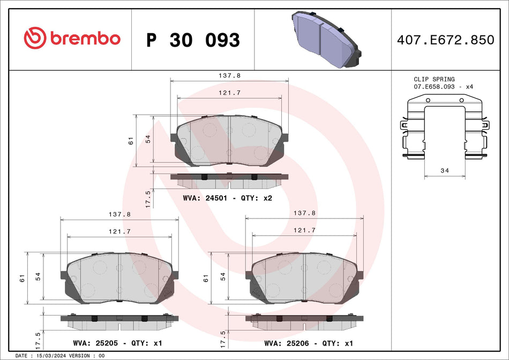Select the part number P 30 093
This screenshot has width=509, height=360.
coord(193,40)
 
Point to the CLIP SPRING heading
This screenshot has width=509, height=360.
coord(434,79)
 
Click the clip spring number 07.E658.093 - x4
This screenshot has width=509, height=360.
coord(443,86)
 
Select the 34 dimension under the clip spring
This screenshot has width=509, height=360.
coord(444,171)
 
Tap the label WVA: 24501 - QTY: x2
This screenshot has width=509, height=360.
coord(228,198)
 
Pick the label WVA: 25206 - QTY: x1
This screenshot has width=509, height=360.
coord(308,343)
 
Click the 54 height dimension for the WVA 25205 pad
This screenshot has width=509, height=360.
coord(38,276)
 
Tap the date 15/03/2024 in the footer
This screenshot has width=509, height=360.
coord(53,356)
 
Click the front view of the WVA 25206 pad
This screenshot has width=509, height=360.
coord(304,279)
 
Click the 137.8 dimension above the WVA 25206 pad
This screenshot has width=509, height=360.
coord(304,213)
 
